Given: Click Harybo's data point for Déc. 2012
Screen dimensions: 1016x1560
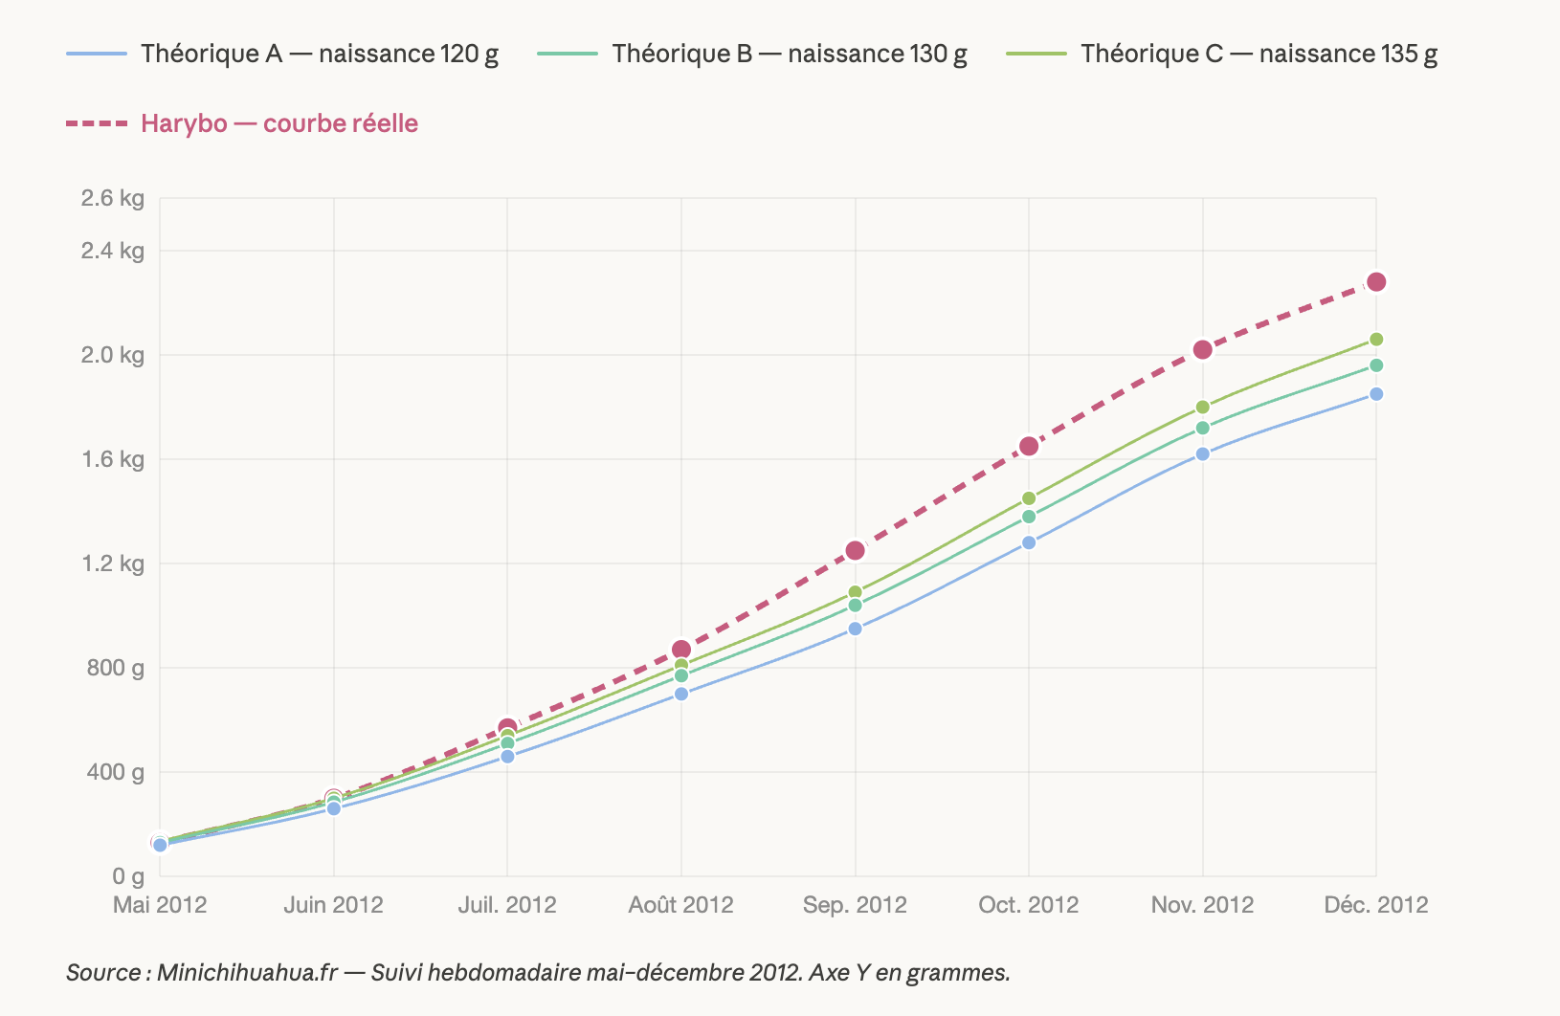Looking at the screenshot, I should point(1376,282).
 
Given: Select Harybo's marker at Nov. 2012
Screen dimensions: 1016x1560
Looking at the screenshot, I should point(1202,350).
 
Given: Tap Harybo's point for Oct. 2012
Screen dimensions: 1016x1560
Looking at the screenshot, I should point(1029,447).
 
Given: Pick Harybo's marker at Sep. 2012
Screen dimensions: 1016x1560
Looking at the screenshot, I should point(855,551).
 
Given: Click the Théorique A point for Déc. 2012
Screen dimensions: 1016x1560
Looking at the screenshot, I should point(1376,394).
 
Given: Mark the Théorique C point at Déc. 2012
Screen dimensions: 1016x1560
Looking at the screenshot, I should point(1376,340).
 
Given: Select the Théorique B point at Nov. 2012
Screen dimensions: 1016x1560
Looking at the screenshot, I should point(1202,428).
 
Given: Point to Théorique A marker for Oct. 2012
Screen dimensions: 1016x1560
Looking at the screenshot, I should point(1029,542).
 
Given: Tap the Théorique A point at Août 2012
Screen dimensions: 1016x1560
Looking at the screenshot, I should point(681,694).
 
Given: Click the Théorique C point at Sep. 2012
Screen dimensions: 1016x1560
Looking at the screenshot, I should point(855,592).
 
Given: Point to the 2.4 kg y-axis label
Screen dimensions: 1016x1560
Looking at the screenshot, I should point(113,251).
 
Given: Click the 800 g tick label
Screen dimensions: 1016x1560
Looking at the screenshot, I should point(117,668).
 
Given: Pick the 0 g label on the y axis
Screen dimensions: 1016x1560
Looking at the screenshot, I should point(128,876).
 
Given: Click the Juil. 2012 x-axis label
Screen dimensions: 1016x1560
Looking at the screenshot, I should point(507,905).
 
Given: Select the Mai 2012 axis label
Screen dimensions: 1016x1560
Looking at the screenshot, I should point(160,905).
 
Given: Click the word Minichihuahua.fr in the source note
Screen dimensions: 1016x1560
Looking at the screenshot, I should point(247,973).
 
